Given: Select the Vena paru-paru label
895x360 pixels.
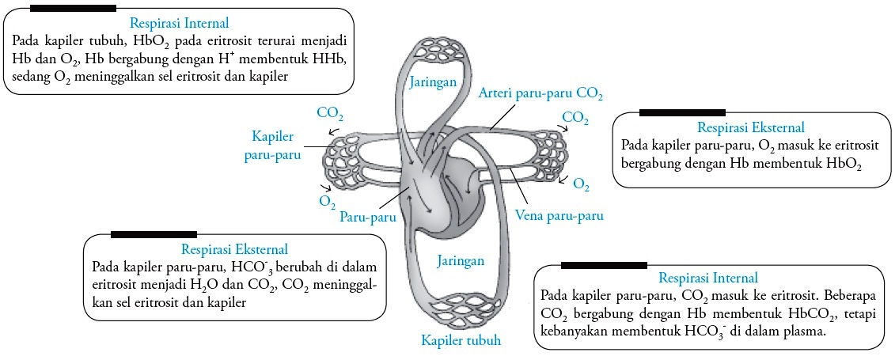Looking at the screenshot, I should coord(559,215).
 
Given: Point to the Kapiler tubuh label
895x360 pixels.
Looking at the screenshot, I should coord(460,340).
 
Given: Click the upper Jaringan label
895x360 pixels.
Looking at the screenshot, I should coord(432,81).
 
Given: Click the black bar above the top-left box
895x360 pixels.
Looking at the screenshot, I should coord(74,8).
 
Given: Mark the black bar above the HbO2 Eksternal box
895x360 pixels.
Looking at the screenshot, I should coord(681,112).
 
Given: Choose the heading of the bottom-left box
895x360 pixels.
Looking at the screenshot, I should coord(234,249).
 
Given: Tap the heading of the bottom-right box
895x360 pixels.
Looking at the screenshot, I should coord(707,278).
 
